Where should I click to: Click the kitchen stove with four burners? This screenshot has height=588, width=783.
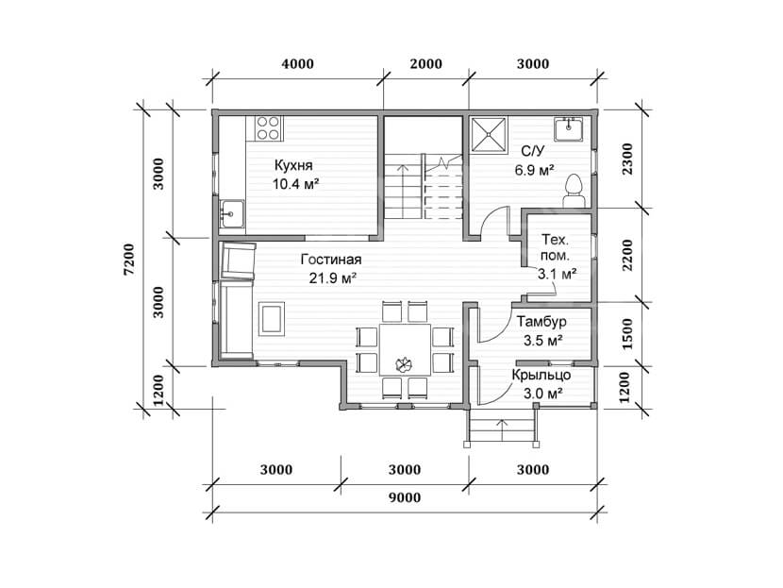click(268, 128)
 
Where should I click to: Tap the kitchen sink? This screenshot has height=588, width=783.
click(232, 214)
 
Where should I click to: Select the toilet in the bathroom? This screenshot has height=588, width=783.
click(574, 192)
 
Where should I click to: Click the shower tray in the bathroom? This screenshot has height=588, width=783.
click(489, 133)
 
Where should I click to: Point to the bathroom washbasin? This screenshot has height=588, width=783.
click(568, 129)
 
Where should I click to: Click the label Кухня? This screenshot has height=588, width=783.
click(293, 165)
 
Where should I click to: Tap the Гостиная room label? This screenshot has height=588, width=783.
click(331, 260)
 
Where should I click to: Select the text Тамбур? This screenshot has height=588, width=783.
click(541, 321)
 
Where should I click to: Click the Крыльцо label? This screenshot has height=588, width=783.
click(541, 375)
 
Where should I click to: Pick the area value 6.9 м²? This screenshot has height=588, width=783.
click(534, 170)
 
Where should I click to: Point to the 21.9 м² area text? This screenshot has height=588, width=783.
click(332, 278)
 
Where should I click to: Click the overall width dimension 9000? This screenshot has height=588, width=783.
click(405, 497)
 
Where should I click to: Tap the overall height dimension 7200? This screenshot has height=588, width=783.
click(129, 260)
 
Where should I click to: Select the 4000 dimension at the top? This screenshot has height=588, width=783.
click(297, 64)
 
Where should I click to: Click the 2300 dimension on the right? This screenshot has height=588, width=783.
click(627, 159)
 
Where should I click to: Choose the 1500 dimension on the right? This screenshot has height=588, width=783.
click(627, 334)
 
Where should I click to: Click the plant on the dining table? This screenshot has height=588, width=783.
click(404, 365)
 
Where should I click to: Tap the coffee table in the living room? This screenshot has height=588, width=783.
click(271, 319)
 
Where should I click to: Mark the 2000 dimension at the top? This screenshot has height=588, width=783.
click(426, 64)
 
